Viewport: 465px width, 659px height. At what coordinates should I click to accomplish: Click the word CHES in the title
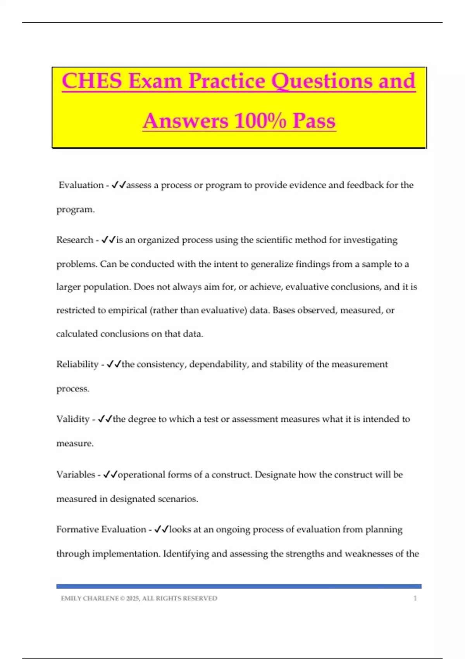click(92, 81)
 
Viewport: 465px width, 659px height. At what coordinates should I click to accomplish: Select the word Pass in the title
click(314, 121)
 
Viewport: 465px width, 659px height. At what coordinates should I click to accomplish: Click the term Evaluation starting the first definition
click(81, 185)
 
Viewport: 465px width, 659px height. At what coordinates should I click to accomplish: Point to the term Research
click(75, 240)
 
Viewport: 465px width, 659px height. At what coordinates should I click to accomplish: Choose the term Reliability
click(77, 364)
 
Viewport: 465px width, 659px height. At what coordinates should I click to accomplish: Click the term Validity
click(73, 419)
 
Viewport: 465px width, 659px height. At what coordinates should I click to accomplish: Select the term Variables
click(76, 474)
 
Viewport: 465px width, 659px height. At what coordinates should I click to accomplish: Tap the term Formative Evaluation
click(101, 530)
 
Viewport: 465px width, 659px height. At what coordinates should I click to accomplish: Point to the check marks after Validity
click(105, 419)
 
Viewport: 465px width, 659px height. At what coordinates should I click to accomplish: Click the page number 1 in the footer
click(415, 599)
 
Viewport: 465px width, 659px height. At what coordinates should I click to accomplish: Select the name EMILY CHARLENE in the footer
click(90, 599)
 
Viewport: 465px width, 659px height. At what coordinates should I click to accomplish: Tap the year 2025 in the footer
click(133, 599)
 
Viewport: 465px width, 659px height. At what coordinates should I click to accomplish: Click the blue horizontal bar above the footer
click(239, 587)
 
